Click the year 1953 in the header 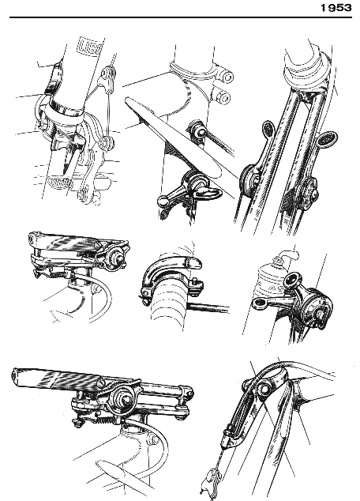point(336,8)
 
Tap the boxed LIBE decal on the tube point(90,47)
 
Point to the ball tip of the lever point(163,202)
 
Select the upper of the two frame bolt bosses point(228,77)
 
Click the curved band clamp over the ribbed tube point(171,272)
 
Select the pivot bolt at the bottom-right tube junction point(264,390)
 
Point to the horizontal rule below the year point(181,17)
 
